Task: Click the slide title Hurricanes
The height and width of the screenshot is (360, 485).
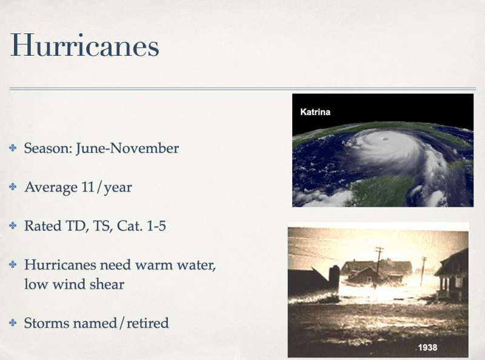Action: tap(85, 45)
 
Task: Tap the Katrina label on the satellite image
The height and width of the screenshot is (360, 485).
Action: tap(315, 112)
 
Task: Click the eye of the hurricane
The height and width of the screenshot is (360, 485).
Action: tap(385, 139)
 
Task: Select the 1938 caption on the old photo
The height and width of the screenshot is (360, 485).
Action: tap(427, 347)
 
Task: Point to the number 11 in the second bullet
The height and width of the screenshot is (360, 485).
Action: tap(88, 187)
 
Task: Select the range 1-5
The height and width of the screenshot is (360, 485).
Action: tap(156, 226)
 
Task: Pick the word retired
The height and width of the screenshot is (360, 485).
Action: tap(147, 323)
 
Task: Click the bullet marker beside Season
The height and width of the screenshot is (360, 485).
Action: tap(13, 148)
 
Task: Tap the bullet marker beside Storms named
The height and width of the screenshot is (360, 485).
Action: tap(13, 323)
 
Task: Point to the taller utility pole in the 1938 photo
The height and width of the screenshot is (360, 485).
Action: tap(378, 267)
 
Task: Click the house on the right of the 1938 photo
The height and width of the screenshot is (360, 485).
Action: tap(452, 275)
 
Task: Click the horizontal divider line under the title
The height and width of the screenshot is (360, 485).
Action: tap(243, 88)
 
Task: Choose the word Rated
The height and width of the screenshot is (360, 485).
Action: tap(42, 226)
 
